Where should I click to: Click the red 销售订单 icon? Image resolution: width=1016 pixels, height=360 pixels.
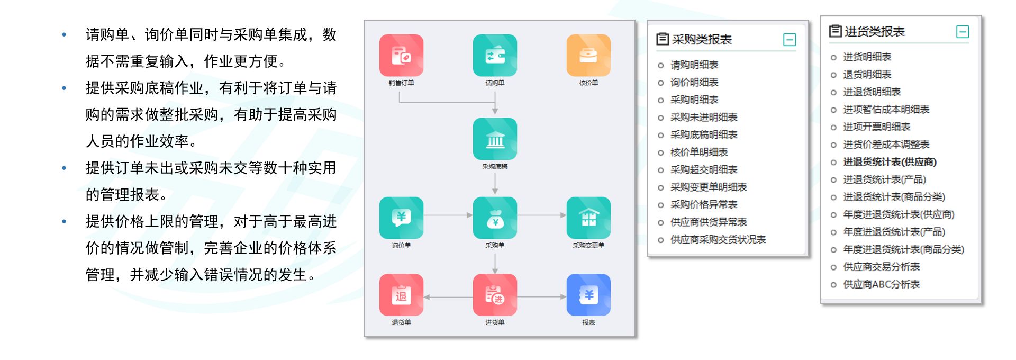(x=401, y=56)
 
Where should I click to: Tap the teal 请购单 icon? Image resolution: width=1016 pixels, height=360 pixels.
(x=495, y=56)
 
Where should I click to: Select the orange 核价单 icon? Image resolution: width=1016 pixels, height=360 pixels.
(x=588, y=56)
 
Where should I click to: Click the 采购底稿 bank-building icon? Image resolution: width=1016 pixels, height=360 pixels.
(x=495, y=139)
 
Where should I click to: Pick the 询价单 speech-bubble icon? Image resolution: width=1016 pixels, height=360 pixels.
(x=401, y=218)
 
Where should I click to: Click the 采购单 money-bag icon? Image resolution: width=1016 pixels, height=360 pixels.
(x=495, y=218)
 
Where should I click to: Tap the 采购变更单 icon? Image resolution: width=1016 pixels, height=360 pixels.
(x=588, y=218)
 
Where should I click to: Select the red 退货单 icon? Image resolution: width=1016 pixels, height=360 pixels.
(x=401, y=295)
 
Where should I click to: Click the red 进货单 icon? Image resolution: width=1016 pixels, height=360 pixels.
(x=495, y=295)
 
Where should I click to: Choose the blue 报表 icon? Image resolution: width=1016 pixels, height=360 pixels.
(x=588, y=295)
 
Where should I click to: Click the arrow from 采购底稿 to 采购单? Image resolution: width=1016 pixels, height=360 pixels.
(x=495, y=183)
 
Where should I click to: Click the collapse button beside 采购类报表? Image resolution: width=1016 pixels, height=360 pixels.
(x=789, y=40)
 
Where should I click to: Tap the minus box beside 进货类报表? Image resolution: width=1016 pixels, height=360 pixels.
(x=963, y=32)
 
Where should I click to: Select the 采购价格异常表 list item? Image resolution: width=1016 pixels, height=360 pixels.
(x=703, y=205)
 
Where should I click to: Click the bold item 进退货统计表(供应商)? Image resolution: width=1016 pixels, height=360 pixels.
(x=890, y=162)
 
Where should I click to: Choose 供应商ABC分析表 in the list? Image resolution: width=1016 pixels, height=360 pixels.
(x=881, y=284)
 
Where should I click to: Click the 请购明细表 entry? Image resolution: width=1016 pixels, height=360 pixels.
(x=694, y=65)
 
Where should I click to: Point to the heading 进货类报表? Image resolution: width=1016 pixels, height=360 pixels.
(x=874, y=32)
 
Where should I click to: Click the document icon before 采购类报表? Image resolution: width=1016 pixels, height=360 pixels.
(x=663, y=39)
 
